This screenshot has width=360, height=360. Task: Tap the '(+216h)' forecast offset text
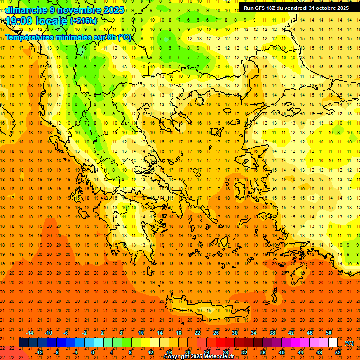[x=83, y=21]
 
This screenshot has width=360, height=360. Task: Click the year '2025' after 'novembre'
[x=114, y=10]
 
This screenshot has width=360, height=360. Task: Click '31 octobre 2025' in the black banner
[x=329, y=8]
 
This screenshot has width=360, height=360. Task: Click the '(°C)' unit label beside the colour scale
[x=349, y=343]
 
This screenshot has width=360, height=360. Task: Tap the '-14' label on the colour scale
[x=30, y=333]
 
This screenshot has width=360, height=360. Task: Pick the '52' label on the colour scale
[x=338, y=352]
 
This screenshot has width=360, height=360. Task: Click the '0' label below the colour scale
[x=93, y=352]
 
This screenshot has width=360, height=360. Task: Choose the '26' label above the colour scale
[x=216, y=333]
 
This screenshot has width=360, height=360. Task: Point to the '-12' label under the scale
[x=39, y=352]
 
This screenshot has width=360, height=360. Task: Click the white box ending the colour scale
[x=333, y=343]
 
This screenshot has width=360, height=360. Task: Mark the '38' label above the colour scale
[x=272, y=333]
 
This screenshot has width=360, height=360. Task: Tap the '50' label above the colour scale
[x=329, y=333]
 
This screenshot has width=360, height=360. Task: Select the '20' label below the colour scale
[x=187, y=352]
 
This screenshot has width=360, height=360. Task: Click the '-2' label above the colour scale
[x=84, y=333]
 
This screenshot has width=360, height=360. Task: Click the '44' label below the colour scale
[x=300, y=352]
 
